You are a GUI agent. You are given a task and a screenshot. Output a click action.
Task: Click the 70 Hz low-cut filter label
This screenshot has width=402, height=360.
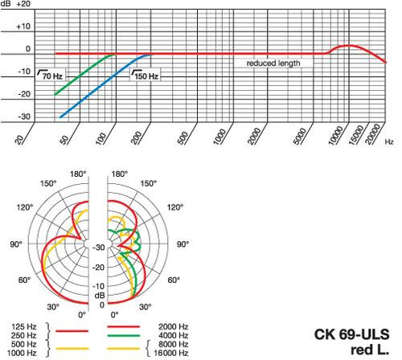(x=51, y=75)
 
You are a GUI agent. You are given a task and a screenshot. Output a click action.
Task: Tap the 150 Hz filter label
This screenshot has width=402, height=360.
(x=145, y=75)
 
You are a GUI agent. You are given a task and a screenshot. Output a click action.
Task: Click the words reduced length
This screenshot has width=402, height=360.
(x=273, y=63)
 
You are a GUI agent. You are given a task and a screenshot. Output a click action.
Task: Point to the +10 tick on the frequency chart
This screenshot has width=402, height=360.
(x=23, y=27)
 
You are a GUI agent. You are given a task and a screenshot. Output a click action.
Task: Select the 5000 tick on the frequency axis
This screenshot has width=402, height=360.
(x=300, y=136)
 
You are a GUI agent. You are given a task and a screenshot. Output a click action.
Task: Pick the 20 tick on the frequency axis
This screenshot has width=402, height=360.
(x=19, y=139)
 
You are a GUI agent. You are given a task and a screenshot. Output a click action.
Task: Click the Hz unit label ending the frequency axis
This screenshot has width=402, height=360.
(x=389, y=141)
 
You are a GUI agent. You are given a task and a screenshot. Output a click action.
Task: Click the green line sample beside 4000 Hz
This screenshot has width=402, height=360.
(x=123, y=335)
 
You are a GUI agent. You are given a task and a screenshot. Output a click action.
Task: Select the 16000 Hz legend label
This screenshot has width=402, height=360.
(x=171, y=353)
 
